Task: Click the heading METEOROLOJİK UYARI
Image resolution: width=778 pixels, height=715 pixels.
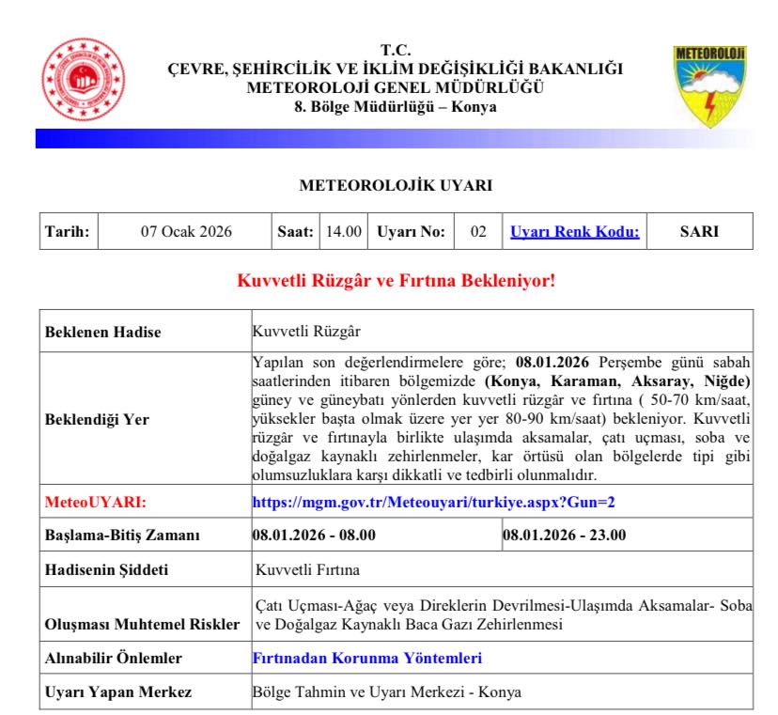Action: point(396,186)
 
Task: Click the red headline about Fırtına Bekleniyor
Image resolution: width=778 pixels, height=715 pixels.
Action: point(396,280)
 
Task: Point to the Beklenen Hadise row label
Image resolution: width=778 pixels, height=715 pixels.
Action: point(103,332)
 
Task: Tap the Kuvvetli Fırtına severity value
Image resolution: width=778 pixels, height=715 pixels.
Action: point(306,569)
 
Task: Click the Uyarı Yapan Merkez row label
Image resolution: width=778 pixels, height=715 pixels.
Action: point(118,692)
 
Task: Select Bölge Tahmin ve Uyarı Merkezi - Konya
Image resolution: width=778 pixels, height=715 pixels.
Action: point(387,692)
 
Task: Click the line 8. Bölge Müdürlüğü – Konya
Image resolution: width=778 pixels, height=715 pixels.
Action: point(396,106)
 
